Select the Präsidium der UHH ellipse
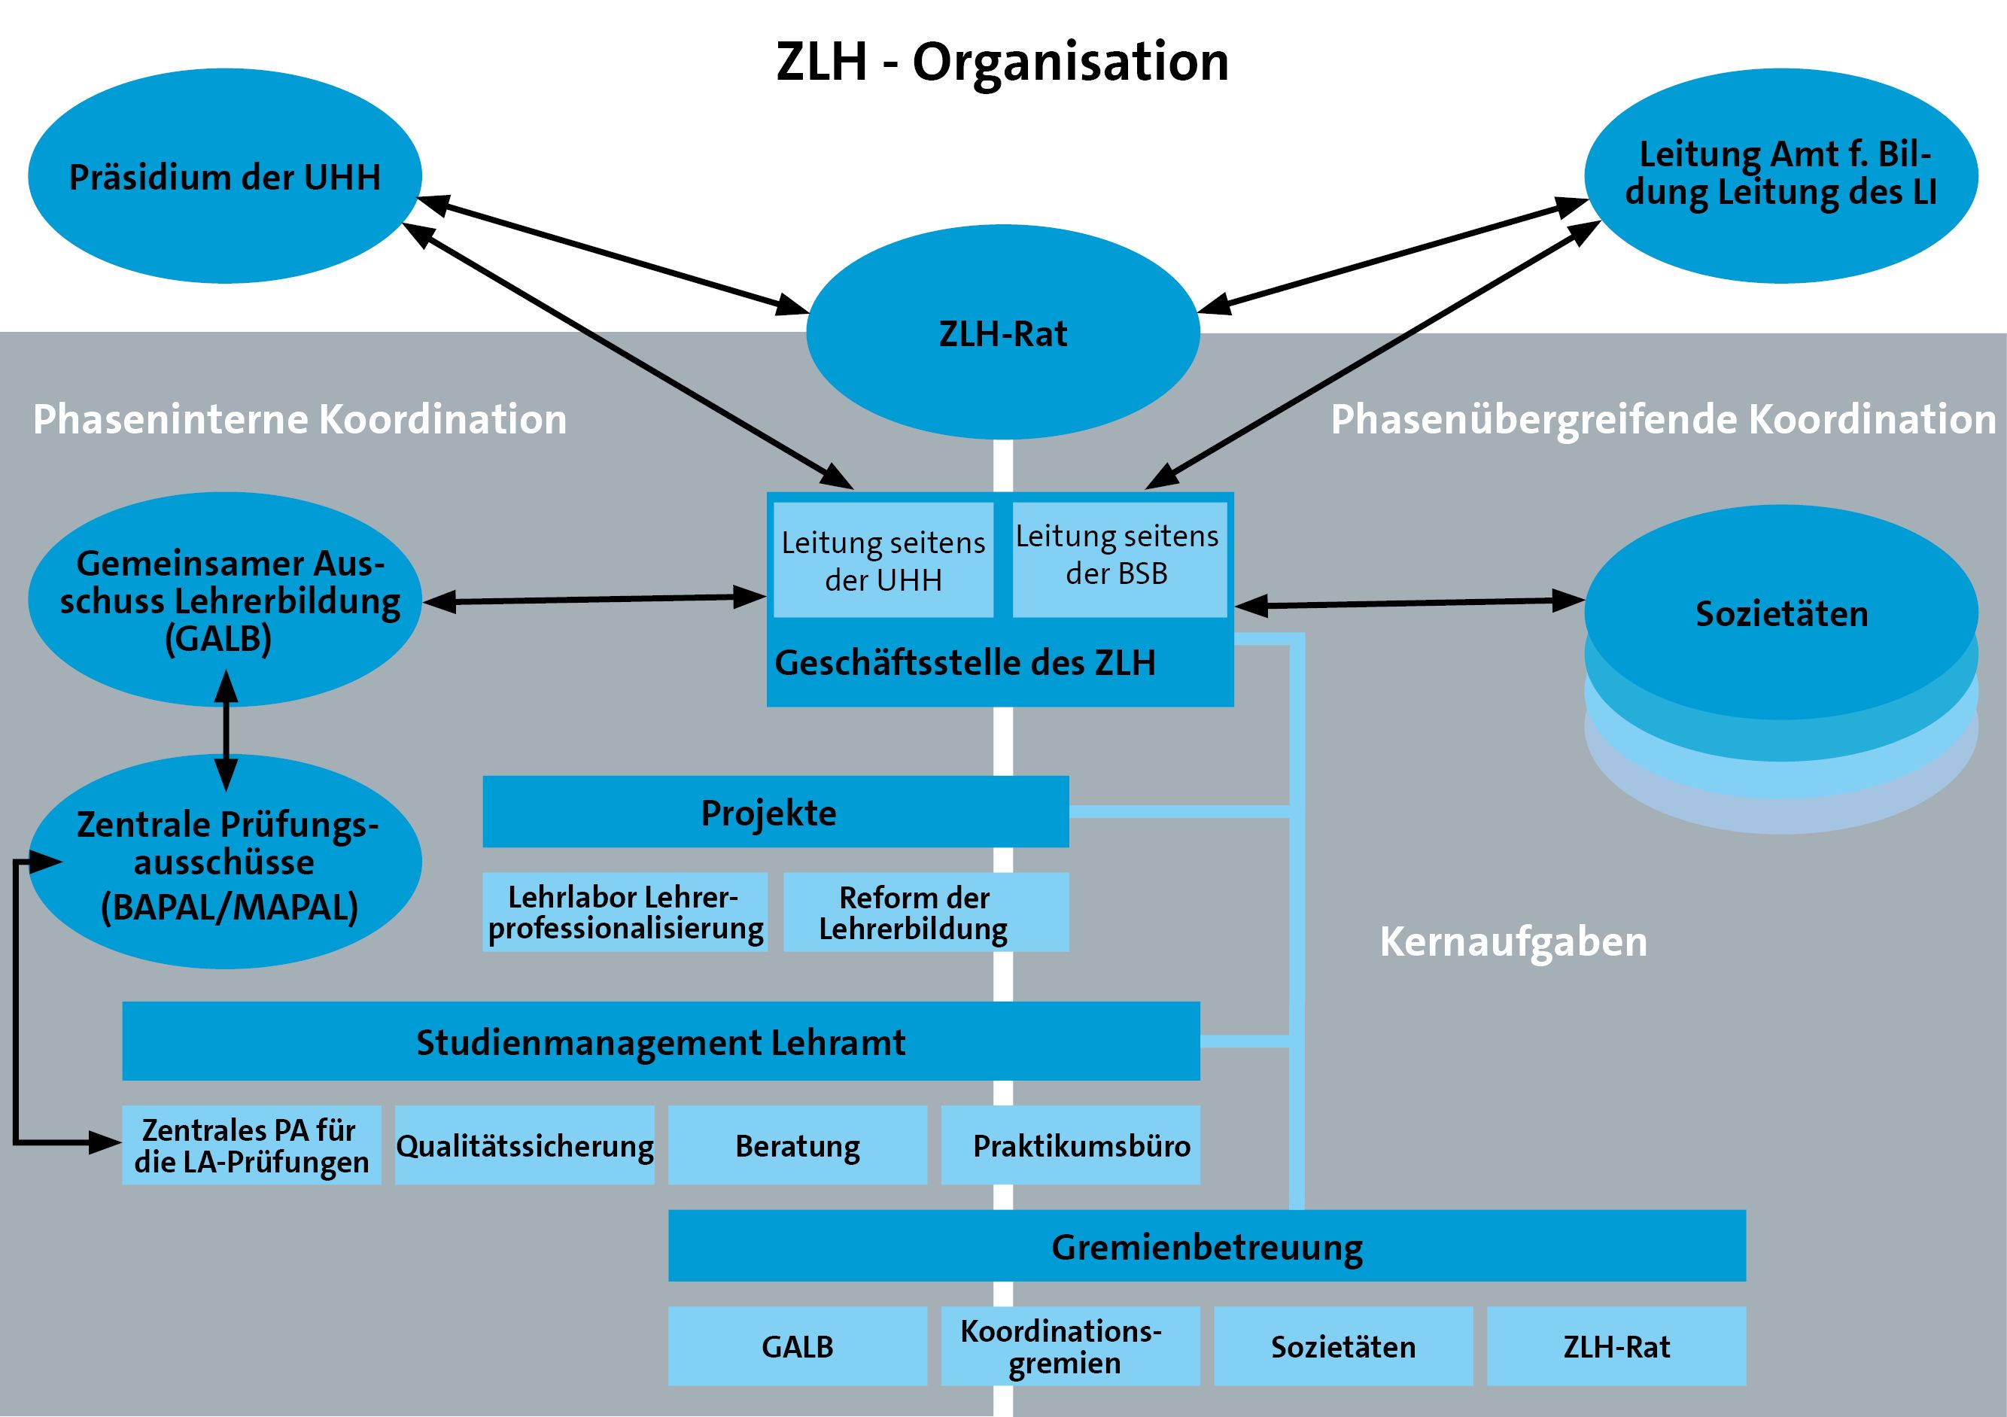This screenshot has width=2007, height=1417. coord(225,177)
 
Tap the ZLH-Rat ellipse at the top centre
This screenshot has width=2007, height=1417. coord(1002,333)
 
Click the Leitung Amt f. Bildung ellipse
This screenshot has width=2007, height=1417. coord(1780,175)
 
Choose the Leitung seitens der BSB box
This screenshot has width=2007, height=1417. coord(1118,556)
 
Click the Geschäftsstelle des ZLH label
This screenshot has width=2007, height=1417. coord(964,664)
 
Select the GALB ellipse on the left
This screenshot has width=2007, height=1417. coord(225,601)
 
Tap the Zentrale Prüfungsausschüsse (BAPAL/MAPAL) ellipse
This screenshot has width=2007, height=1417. coord(225,863)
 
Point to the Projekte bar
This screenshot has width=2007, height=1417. coord(774,812)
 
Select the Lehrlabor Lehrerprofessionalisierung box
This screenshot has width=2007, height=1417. coord(625,912)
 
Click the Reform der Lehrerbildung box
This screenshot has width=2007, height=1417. coord(925,912)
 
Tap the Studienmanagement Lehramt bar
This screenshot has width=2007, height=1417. coord(660,1041)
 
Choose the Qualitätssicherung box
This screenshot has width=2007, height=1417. coord(525,1145)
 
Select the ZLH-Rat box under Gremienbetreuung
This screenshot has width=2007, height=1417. coord(1616,1346)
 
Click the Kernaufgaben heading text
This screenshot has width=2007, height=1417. coord(1513,942)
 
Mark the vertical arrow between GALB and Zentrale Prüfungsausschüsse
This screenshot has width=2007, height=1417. coord(226,731)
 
